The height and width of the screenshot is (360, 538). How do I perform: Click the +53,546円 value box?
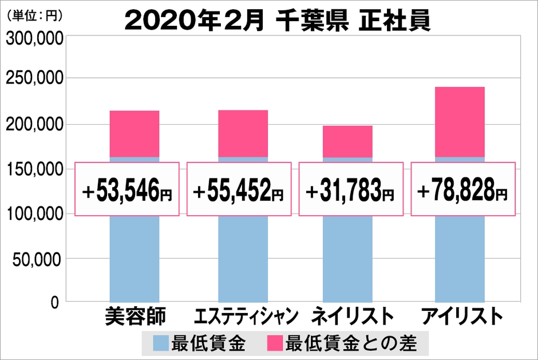pyautogui.click(x=126, y=189)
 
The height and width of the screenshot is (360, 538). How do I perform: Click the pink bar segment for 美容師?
pyautogui.click(x=134, y=133)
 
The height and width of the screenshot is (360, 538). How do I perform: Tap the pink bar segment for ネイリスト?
pyautogui.click(x=347, y=141)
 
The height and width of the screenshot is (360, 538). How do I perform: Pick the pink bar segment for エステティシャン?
pyautogui.click(x=243, y=133)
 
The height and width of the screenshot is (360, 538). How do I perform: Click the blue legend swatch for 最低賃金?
pyautogui.click(x=161, y=343)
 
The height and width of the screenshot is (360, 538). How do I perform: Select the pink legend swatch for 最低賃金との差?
pyautogui.click(x=275, y=343)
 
